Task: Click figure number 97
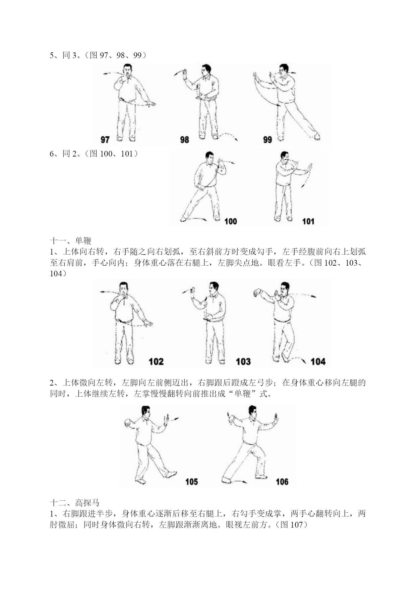pyautogui.click(x=105, y=139)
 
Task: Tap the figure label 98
pyautogui.click(x=184, y=139)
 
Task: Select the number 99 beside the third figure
pyautogui.click(x=267, y=139)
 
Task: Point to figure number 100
pyautogui.click(x=230, y=221)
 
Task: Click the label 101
pyautogui.click(x=308, y=221)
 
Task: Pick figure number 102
pyautogui.click(x=156, y=361)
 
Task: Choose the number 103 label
pyautogui.click(x=243, y=361)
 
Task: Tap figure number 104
pyautogui.click(x=318, y=361)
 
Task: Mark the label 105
pyautogui.click(x=191, y=482)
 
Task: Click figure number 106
pyautogui.click(x=282, y=482)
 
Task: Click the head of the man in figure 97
pyautogui.click(x=128, y=70)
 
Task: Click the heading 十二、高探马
pyautogui.click(x=75, y=503)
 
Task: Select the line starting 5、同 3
pyautogui.click(x=98, y=55)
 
